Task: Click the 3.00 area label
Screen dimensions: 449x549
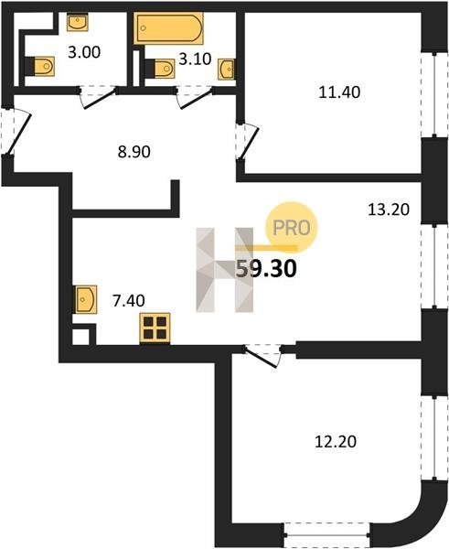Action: coord(84,52)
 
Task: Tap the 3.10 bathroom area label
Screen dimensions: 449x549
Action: coord(195,59)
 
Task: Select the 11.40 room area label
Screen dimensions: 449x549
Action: coord(339,92)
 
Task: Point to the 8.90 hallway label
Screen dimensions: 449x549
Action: coord(134,152)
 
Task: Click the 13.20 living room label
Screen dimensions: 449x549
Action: coord(389,210)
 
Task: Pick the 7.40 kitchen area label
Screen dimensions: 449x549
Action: coord(128,301)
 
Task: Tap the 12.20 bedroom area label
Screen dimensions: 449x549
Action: coord(336,442)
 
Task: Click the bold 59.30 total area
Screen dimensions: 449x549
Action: coord(266,269)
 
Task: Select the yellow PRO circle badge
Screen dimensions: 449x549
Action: coord(292,228)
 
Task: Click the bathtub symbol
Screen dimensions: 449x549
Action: coord(168,28)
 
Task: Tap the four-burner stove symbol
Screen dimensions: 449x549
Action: coord(155,328)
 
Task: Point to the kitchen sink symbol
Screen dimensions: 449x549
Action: coord(85,300)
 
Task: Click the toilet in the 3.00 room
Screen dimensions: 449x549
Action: coord(39,66)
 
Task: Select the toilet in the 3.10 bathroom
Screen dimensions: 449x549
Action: coord(160,69)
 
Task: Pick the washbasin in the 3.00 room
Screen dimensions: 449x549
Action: coord(78,22)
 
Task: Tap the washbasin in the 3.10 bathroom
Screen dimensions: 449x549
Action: coord(227,70)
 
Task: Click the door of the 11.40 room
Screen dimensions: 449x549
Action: coord(248,141)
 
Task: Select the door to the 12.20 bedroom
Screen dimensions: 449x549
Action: coord(262,355)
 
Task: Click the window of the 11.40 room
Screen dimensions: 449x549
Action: coord(434,95)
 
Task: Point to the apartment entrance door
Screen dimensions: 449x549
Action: coord(16,131)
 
